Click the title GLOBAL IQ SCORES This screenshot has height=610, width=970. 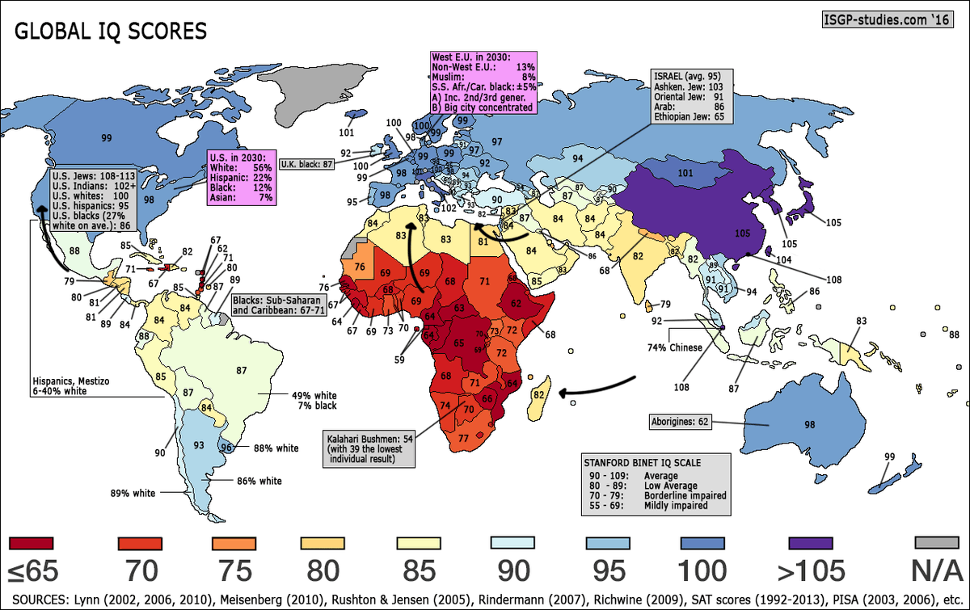pyautogui.click(x=111, y=32)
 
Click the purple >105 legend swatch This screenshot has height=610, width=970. pyautogui.click(x=810, y=542)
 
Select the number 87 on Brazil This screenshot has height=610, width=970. pyautogui.click(x=240, y=370)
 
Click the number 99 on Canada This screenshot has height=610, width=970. pyautogui.click(x=107, y=138)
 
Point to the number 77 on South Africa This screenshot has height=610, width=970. pyautogui.click(x=463, y=438)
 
